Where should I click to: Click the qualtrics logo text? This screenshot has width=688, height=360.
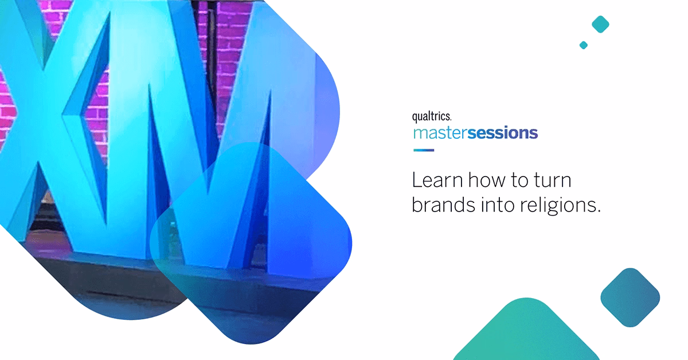(x=432, y=117)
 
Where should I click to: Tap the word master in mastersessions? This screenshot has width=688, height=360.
(x=440, y=134)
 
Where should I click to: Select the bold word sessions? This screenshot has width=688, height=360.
(x=502, y=133)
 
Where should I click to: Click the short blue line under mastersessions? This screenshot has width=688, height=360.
(x=424, y=150)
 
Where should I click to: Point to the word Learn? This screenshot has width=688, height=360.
(x=437, y=180)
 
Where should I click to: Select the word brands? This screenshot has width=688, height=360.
(x=443, y=204)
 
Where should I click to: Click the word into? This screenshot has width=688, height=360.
(x=498, y=205)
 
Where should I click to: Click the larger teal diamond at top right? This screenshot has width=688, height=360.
(x=600, y=24)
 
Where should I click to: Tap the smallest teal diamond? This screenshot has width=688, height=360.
(x=584, y=45)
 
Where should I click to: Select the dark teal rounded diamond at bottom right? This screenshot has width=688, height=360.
(x=630, y=298)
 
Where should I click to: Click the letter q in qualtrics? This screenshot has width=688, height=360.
(x=415, y=118)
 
